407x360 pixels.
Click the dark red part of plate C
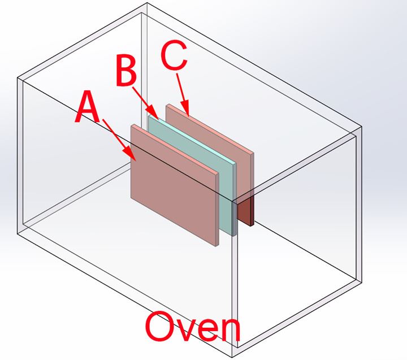pos(245,212)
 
